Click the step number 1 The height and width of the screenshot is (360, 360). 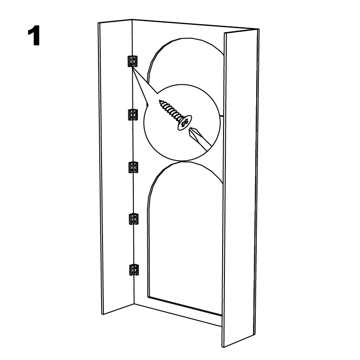(x=34, y=36)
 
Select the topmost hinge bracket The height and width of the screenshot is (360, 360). (x=133, y=61)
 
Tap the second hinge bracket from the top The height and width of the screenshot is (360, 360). (x=133, y=114)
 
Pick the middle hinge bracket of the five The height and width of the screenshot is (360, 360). (x=133, y=167)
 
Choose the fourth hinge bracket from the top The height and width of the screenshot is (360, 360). (x=133, y=219)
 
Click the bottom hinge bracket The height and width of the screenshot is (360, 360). (x=134, y=270)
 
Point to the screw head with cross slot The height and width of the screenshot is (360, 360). (x=184, y=122)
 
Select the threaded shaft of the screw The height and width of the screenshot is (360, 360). (x=170, y=110)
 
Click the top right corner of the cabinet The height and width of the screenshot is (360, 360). (x=259, y=29)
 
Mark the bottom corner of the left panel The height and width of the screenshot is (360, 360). (x=102, y=314)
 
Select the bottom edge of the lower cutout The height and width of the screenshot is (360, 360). (x=185, y=306)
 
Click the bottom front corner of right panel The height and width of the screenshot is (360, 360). (x=223, y=347)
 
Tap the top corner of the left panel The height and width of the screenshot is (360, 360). (x=98, y=23)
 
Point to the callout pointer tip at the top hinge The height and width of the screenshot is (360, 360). (x=132, y=67)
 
